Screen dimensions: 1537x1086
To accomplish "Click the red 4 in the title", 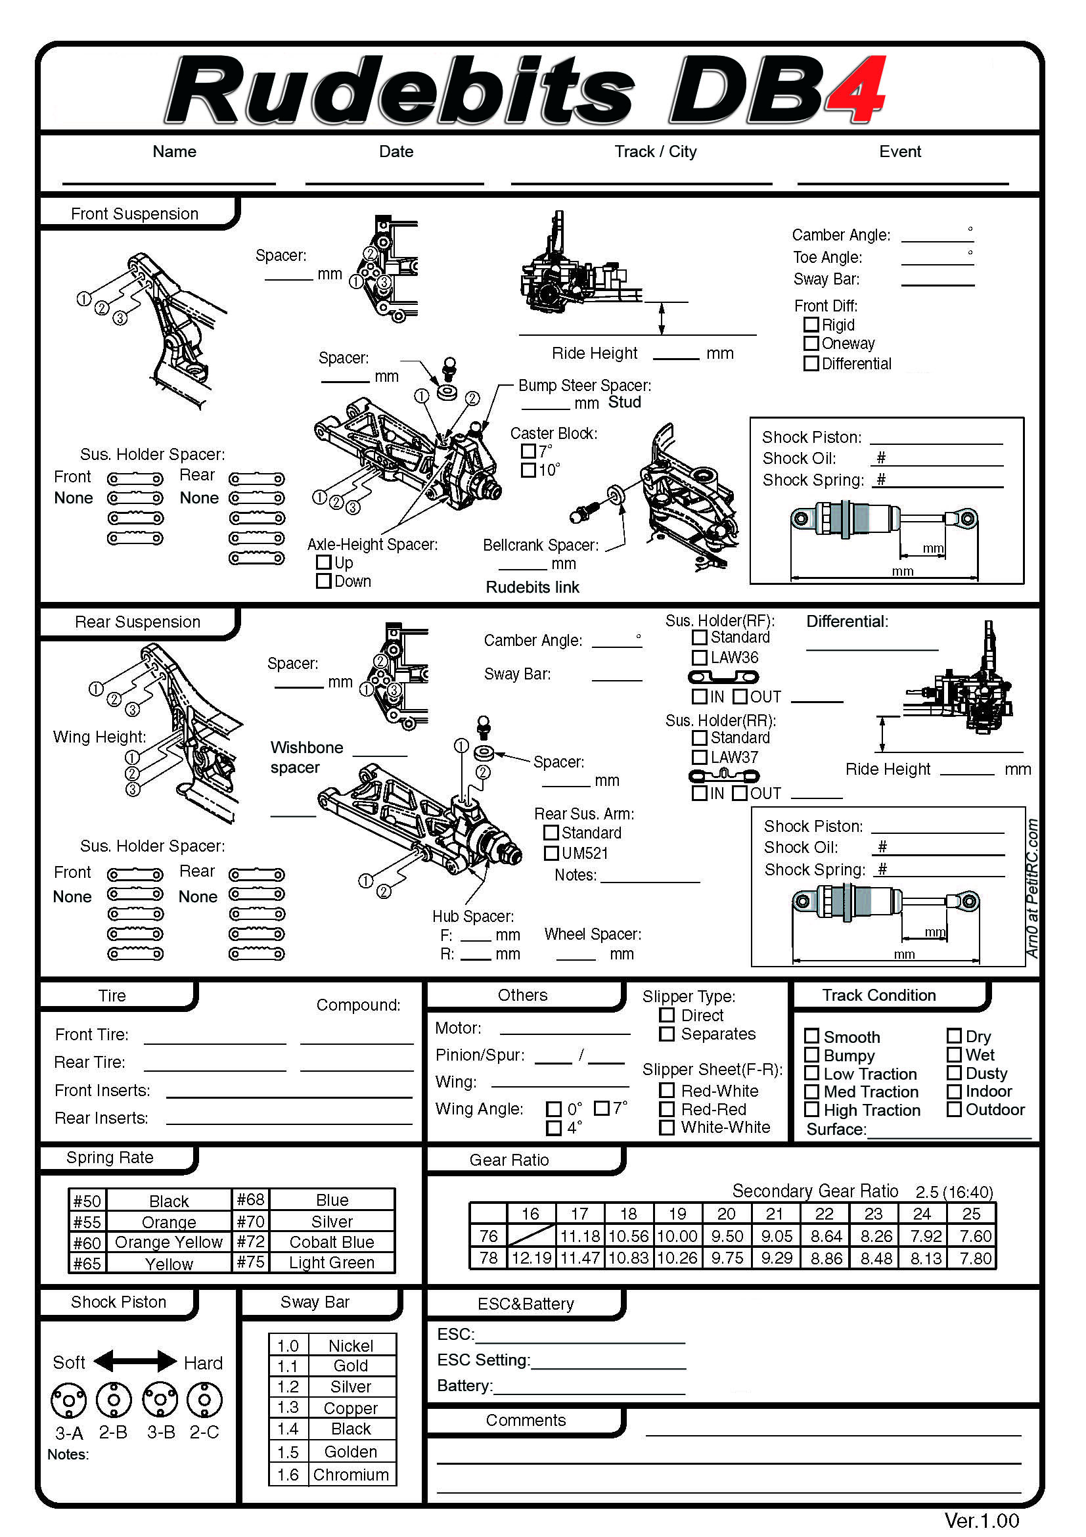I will click(x=856, y=91).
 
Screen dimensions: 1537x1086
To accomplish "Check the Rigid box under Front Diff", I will click(x=811, y=325).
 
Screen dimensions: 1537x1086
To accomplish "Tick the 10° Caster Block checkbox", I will click(x=528, y=470).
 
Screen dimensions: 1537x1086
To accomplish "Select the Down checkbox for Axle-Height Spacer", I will click(x=323, y=580).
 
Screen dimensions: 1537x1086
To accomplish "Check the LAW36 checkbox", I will click(x=699, y=657).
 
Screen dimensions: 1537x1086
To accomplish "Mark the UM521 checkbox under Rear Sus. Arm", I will click(x=551, y=853).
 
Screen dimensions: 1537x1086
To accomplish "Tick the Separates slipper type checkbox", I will click(x=666, y=1034).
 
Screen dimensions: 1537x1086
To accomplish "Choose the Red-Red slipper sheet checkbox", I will click(x=666, y=1109).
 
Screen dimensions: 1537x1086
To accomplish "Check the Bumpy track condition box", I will click(x=811, y=1055).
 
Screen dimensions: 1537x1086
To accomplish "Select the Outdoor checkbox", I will click(x=954, y=1109).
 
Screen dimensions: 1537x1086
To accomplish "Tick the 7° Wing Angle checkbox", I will click(x=602, y=1108).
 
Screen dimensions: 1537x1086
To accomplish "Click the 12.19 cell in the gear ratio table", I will click(x=532, y=1258).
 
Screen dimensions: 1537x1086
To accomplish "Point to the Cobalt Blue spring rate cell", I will click(x=332, y=1242).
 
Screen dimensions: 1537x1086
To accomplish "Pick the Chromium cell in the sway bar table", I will click(x=351, y=1475).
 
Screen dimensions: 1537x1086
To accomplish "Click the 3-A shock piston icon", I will click(x=69, y=1400).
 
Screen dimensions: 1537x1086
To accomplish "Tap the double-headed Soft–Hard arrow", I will click(x=135, y=1361).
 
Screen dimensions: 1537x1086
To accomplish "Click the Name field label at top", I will click(x=174, y=152).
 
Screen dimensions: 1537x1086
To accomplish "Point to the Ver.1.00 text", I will click(x=981, y=1521).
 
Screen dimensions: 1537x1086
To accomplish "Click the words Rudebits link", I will click(x=532, y=587).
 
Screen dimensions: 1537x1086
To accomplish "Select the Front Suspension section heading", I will click(x=135, y=214).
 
